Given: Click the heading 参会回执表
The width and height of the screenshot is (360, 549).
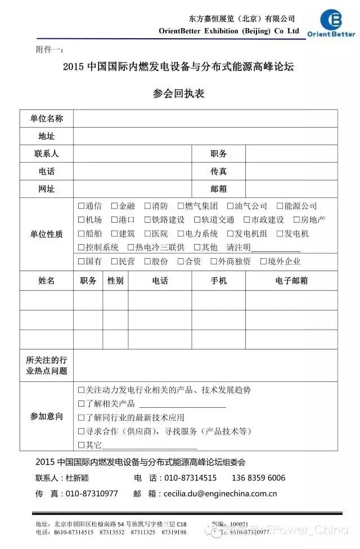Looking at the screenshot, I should pyautogui.click(x=178, y=93).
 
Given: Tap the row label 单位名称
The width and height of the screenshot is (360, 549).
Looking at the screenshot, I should pyautogui.click(x=46, y=119).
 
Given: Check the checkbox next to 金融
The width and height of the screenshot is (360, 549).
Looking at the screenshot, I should pyautogui.click(x=114, y=206).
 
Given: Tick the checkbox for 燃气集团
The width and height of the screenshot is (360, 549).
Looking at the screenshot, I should pyautogui.click(x=181, y=206).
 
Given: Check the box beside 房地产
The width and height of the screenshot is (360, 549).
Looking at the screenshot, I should pyautogui.click(x=296, y=220).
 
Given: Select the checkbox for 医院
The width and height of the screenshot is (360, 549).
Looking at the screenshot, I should pyautogui.click(x=147, y=234).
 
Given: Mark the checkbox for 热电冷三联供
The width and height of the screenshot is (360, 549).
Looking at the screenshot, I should pyautogui.click(x=130, y=247).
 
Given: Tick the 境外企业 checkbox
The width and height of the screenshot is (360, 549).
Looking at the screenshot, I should pyautogui.click(x=263, y=262).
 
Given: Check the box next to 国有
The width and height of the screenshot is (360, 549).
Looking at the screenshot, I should pyautogui.click(x=81, y=262).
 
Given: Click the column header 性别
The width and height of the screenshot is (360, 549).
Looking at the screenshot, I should pyautogui.click(x=115, y=281).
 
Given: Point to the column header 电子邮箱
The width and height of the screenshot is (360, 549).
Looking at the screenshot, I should pyautogui.click(x=291, y=281).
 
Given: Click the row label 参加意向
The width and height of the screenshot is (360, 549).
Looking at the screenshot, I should pyautogui.click(x=46, y=417).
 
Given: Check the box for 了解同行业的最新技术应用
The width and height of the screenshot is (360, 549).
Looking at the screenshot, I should pyautogui.click(x=81, y=418).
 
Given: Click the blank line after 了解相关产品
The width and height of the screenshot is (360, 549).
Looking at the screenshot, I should pyautogui.click(x=182, y=405).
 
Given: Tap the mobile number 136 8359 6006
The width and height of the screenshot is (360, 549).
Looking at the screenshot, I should pyautogui.click(x=258, y=478).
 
